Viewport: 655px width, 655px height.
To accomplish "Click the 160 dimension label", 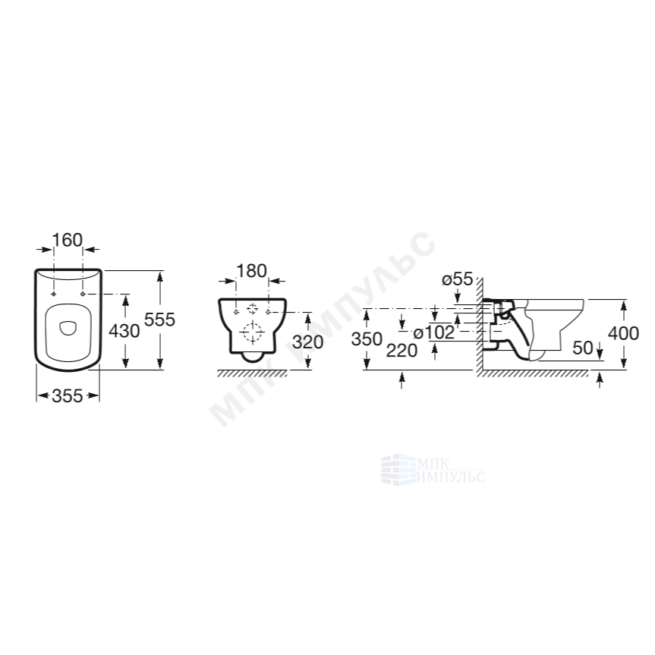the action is [68, 240].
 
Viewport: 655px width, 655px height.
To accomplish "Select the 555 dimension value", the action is [159, 320].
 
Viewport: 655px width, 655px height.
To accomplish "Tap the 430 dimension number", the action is [124, 331].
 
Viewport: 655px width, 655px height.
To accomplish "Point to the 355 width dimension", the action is [68, 395].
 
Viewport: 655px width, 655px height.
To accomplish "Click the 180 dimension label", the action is [251, 271].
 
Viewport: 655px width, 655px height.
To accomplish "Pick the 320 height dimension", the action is [308, 342].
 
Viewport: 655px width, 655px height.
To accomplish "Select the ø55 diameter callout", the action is [458, 279].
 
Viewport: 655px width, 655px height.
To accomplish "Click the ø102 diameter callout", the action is [433, 333].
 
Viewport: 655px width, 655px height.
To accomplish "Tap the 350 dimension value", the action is [367, 339].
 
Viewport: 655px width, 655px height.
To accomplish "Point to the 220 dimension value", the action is [402, 351].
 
